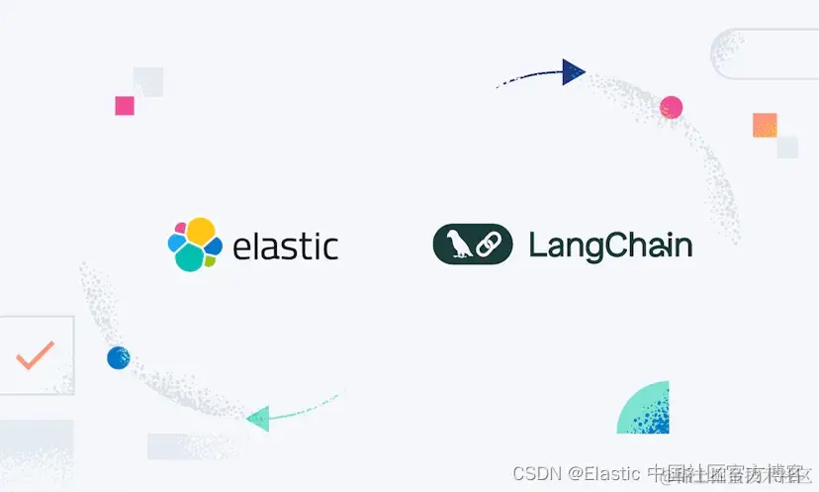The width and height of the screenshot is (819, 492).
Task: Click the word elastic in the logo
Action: [x=285, y=245]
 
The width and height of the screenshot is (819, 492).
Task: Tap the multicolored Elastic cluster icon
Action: [x=193, y=244]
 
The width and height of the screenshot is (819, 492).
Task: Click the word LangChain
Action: [x=610, y=245]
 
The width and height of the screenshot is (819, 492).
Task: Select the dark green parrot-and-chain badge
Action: [x=473, y=245]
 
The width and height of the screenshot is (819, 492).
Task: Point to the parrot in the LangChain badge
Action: [x=456, y=245]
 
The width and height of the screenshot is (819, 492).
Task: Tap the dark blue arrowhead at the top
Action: [x=573, y=71]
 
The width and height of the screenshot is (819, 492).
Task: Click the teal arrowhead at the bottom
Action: [x=258, y=418]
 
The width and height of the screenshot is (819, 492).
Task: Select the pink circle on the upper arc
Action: [x=672, y=107]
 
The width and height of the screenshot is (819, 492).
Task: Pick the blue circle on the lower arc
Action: [x=118, y=357]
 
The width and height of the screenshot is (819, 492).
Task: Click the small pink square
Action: [x=125, y=105]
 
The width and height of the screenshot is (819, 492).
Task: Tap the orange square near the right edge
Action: [x=765, y=125]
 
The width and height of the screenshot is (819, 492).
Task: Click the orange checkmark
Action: [x=36, y=354]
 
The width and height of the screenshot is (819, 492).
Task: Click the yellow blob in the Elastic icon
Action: [x=201, y=232]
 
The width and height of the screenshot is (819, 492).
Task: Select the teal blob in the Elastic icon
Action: [x=190, y=257]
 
